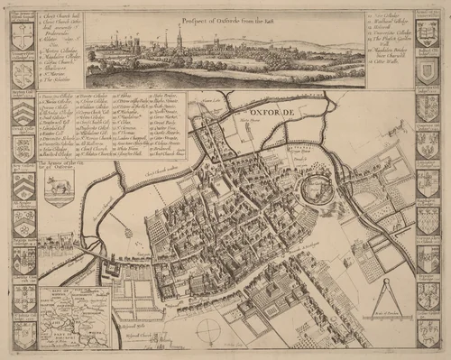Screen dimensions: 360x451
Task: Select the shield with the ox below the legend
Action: point(58,191)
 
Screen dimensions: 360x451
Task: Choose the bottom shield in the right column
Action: point(426,332)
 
